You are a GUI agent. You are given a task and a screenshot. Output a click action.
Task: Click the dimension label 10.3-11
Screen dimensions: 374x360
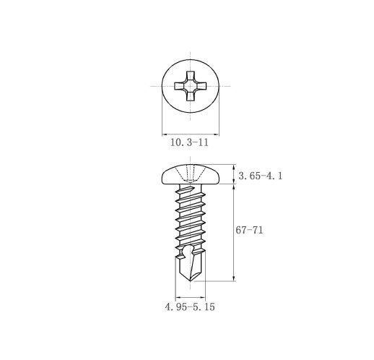coord(189,142)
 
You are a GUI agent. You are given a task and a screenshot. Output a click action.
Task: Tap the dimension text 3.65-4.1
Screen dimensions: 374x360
coord(261,176)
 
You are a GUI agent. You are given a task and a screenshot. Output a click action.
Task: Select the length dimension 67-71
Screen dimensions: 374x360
coord(249,230)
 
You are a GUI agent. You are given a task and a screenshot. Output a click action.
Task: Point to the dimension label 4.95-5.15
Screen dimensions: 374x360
coord(190,307)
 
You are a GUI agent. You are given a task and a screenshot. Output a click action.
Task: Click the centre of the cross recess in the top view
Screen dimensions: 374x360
coord(191,86)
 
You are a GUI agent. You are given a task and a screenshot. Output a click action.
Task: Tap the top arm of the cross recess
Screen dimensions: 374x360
coord(191,76)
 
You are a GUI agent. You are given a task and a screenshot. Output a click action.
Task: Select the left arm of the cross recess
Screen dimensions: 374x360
coord(180,86)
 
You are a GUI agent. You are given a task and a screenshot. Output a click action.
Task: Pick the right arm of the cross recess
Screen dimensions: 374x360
coord(201,86)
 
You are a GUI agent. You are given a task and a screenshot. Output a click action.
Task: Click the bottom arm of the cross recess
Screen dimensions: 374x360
coord(191,96)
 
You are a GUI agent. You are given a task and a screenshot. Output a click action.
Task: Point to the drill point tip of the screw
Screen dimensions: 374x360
coord(191,280)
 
